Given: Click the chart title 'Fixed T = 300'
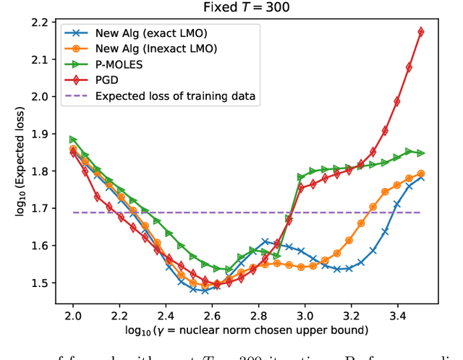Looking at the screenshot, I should point(246,8).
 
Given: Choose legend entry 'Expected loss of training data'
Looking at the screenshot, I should point(174,96).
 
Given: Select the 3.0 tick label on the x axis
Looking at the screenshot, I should point(305,316).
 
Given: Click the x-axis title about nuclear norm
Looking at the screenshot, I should point(245,331).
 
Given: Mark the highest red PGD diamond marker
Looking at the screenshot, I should point(420,32).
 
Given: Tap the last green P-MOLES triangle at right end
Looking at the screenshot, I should point(420,153).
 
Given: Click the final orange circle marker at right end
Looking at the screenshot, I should point(420,173).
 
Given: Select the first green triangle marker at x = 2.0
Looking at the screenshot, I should point(73,140).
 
